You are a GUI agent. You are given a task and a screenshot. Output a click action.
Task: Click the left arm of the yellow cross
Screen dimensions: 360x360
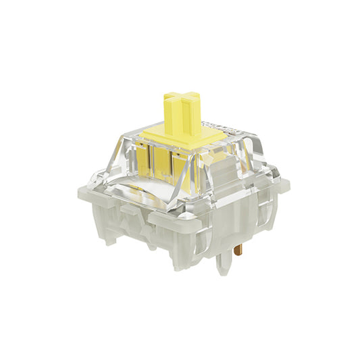click(x=166, y=102)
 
